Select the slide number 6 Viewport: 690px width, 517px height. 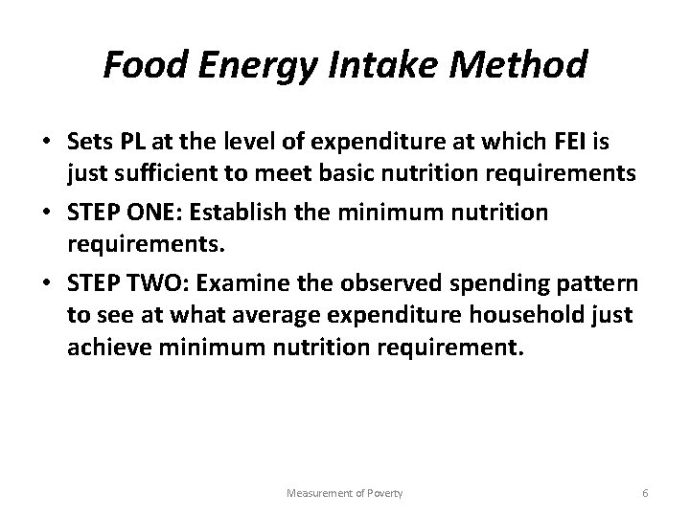(645, 492)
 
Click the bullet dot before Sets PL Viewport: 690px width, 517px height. (46, 144)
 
